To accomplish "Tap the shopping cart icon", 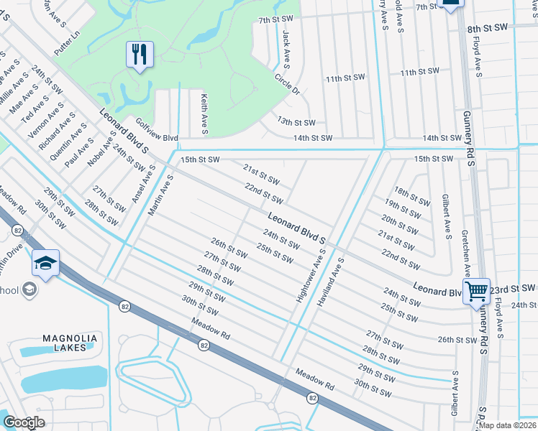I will (x=475, y=292).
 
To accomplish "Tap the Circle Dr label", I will (x=286, y=84).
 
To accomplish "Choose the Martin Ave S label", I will (x=161, y=195).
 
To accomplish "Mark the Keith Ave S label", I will (x=204, y=114).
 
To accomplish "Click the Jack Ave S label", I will (x=286, y=48).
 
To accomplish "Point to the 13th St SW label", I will (x=296, y=123).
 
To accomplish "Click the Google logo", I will (x=24, y=422).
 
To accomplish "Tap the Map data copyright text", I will (x=507, y=425).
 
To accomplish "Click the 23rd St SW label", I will (x=513, y=288).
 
